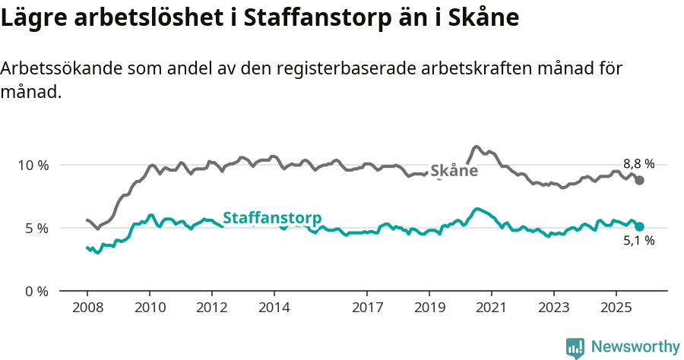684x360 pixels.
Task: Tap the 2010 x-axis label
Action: coord(149,309)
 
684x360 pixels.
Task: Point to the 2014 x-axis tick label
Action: coord(274,309)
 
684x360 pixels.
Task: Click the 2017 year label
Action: coord(367,309)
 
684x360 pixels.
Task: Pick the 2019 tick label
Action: coord(429,309)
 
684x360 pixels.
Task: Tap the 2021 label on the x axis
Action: coord(492,309)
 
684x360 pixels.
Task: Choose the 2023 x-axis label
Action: coord(554,309)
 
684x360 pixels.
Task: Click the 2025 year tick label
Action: coord(616,309)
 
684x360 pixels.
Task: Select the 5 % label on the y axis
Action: coord(36,228)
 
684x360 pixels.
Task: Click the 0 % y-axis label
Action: coord(36,291)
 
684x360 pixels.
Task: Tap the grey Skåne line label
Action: coord(454,171)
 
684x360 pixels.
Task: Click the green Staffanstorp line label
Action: coord(271,217)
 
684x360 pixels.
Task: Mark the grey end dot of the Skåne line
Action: coord(640,180)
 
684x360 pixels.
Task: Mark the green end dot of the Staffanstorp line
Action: coord(640,226)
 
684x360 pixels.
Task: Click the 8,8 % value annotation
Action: coord(638,163)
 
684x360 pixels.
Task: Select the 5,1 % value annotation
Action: coord(638,241)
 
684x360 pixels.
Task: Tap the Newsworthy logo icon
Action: coord(575,347)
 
